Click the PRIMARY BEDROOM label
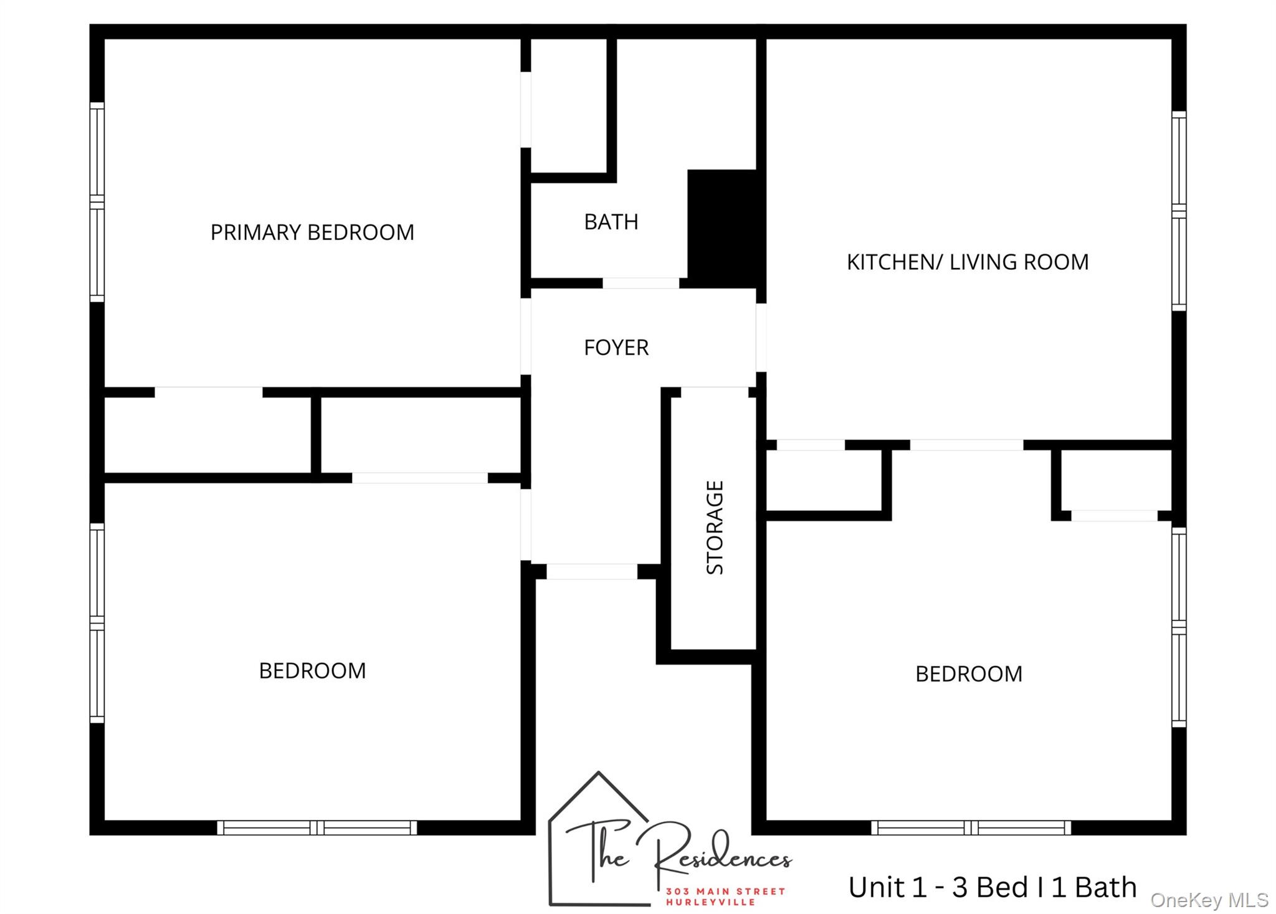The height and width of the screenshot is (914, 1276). (x=312, y=232)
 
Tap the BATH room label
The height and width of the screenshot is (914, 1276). (x=611, y=222)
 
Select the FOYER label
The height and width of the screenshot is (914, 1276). (x=616, y=347)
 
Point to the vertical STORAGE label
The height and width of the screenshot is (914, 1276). (x=715, y=527)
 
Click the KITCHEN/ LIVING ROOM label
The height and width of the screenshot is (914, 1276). (x=967, y=262)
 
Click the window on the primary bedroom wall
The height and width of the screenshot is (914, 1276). (x=97, y=202)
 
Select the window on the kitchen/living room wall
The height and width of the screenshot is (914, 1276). (x=1179, y=211)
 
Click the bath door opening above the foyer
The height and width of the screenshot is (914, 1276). (x=640, y=283)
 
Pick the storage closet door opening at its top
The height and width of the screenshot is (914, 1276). (x=714, y=392)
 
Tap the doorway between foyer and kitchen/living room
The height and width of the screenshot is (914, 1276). (x=761, y=337)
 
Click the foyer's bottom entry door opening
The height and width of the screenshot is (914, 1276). (x=591, y=571)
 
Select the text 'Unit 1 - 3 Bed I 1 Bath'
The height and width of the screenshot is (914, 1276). (x=992, y=887)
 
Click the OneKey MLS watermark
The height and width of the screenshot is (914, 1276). (x=1209, y=900)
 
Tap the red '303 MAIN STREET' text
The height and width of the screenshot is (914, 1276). (x=725, y=891)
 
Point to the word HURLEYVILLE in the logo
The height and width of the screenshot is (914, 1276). (x=710, y=902)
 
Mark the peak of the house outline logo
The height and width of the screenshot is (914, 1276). (x=599, y=773)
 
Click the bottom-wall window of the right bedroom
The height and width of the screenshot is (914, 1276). (x=971, y=827)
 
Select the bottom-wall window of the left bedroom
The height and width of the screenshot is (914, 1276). (x=317, y=827)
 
